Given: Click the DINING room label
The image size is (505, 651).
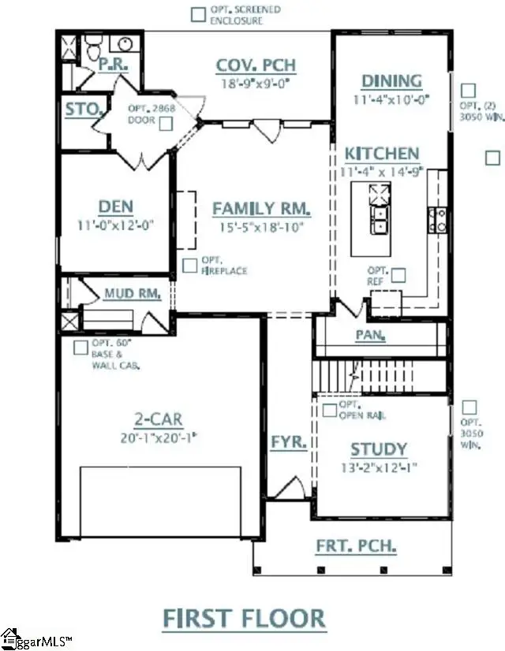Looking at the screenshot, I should pyautogui.click(x=391, y=81).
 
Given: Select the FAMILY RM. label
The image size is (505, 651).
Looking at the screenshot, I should pyautogui.click(x=261, y=209).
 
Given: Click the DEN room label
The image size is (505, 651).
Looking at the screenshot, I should pyautogui.click(x=115, y=206).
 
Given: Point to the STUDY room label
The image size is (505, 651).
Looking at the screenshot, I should pyautogui.click(x=379, y=449).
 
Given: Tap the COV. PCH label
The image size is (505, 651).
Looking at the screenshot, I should pyautogui.click(x=250, y=63).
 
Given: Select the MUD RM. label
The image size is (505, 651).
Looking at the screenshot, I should pyautogui.click(x=133, y=294).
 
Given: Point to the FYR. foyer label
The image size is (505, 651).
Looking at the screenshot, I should pyautogui.click(x=288, y=441).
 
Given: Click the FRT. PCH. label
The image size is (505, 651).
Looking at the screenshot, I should pyautogui.click(x=356, y=545).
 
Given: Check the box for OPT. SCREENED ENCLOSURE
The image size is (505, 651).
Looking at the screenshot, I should pyautogui.click(x=199, y=13).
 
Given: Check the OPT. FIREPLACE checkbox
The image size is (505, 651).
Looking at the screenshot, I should pyautogui.click(x=189, y=266).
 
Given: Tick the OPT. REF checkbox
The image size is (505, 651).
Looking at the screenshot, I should pyautogui.click(x=398, y=275).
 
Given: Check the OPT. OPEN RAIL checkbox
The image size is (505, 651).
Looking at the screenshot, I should pyautogui.click(x=329, y=410).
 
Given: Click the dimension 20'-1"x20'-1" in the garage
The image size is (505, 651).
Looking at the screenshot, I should pyautogui.click(x=158, y=437).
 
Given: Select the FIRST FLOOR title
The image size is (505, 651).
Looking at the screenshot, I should pyautogui.click(x=244, y=618).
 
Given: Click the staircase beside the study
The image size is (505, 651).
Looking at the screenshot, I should pyautogui.click(x=380, y=374).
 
